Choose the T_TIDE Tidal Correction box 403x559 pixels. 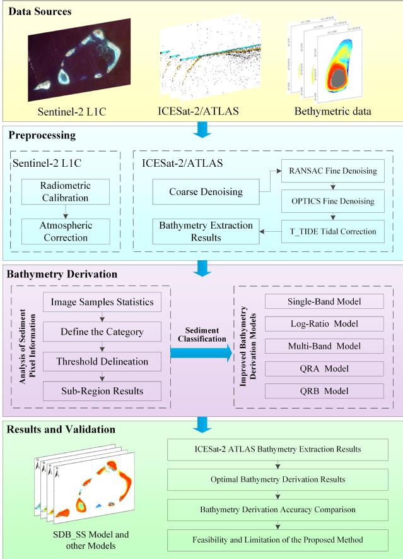[324, 231]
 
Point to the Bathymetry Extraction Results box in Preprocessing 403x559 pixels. [197, 231]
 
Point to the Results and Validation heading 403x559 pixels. [61, 430]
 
